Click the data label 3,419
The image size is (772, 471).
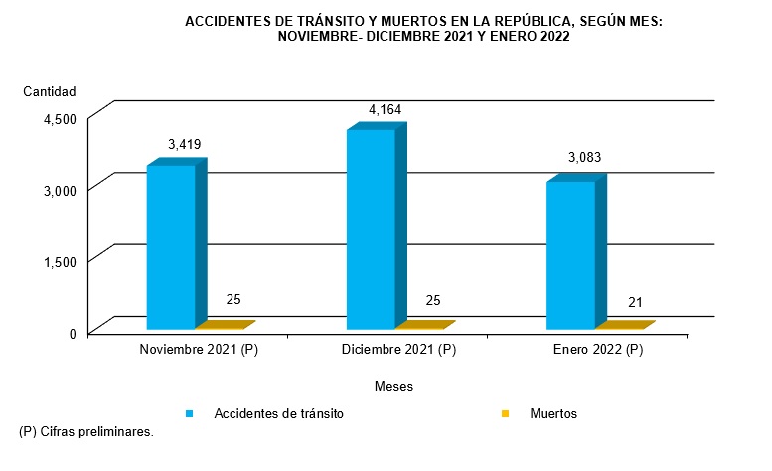(185, 144)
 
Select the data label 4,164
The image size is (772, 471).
(385, 109)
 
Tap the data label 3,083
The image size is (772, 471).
(584, 158)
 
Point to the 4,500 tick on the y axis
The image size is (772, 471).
(60, 119)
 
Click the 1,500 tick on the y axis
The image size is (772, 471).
(60, 261)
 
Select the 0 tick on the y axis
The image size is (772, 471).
(73, 333)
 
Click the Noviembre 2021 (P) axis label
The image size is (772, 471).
(196, 350)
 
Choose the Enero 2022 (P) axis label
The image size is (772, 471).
(596, 350)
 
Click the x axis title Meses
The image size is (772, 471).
(393, 385)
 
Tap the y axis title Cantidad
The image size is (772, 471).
(50, 91)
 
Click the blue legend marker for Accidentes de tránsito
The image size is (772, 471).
(188, 413)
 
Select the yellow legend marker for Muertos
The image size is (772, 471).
(506, 413)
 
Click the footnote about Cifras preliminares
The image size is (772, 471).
(86, 432)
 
